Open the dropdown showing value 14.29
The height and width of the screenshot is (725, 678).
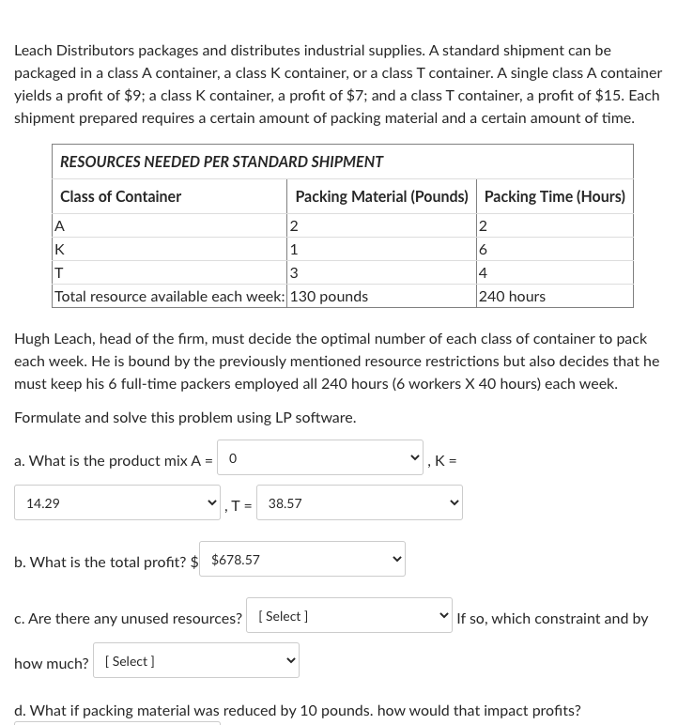click(x=116, y=503)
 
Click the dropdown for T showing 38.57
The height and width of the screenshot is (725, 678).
click(x=359, y=503)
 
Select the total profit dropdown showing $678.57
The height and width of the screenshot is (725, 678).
click(x=301, y=560)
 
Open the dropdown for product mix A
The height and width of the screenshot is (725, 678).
click(x=319, y=458)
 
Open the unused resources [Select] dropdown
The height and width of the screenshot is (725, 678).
click(x=348, y=616)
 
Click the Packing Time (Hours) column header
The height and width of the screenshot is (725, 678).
click(x=554, y=196)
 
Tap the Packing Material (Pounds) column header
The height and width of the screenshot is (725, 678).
click(x=381, y=196)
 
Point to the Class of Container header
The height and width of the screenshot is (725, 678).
click(x=120, y=196)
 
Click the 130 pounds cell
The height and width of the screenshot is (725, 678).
click(x=330, y=296)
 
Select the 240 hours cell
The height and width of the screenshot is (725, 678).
click(x=512, y=296)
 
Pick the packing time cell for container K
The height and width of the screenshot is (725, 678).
click(x=483, y=250)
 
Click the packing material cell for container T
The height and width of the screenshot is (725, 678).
click(x=294, y=273)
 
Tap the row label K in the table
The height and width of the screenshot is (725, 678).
click(x=60, y=250)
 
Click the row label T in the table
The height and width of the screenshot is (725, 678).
click(x=59, y=273)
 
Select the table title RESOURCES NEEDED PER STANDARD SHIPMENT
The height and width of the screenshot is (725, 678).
click(x=222, y=162)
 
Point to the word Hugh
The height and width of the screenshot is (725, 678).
click(x=32, y=338)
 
